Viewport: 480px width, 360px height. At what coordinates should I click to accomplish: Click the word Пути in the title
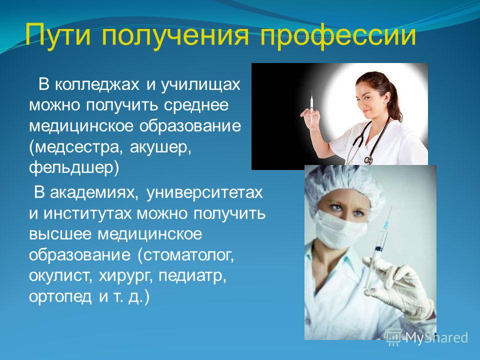[x=58, y=34]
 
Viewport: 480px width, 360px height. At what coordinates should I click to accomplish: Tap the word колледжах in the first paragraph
[x=97, y=85]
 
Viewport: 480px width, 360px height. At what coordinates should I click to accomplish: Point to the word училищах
[x=200, y=85]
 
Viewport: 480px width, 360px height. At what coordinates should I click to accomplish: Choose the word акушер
[x=160, y=148]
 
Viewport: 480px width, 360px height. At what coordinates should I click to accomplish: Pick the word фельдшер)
[x=74, y=168]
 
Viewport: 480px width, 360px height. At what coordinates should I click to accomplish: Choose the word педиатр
[x=192, y=276]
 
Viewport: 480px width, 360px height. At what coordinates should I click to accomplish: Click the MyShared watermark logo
[x=426, y=337]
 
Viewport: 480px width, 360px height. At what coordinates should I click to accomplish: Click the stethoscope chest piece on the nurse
[x=368, y=160]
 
